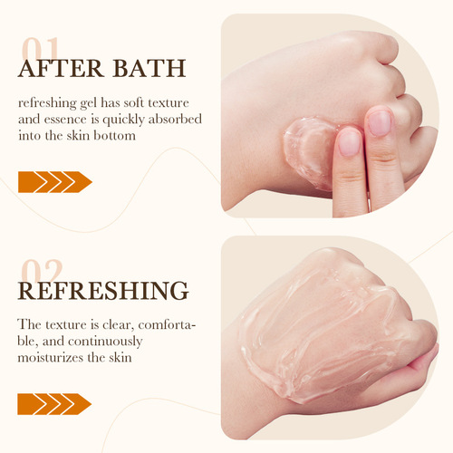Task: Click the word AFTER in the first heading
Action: click(61, 69)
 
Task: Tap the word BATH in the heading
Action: click(149, 69)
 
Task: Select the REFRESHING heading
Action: click(103, 291)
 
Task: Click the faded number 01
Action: click(40, 48)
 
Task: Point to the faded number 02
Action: click(43, 270)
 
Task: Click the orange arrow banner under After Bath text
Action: click(55, 182)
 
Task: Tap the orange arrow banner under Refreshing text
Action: click(54, 404)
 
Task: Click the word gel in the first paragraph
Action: click(89, 104)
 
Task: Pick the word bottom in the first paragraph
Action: click(114, 135)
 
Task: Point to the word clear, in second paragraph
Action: click(119, 325)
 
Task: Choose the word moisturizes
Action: click(51, 358)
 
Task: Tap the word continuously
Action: click(105, 342)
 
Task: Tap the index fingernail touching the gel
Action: click(350, 143)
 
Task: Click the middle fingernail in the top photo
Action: click(380, 123)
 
